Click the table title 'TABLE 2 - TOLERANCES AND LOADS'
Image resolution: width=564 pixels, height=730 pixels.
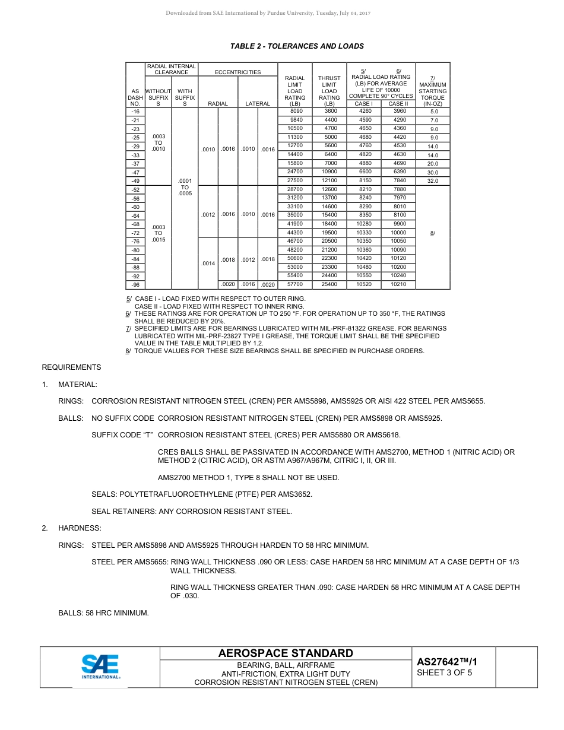297,46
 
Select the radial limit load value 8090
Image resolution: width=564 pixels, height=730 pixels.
295,111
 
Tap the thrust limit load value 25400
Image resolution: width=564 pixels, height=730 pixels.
329,285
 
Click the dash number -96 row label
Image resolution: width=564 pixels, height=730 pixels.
135,285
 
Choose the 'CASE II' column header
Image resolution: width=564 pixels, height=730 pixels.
398,104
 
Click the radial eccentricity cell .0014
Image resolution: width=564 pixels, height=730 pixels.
208,263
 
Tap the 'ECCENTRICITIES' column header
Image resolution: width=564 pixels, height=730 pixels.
237,72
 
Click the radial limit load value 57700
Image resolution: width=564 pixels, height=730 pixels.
295,285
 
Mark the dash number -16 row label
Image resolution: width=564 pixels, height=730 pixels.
135,112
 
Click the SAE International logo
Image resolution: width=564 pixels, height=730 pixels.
100,666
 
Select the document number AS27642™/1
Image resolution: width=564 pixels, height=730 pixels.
447,662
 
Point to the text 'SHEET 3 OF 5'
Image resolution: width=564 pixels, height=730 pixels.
445,673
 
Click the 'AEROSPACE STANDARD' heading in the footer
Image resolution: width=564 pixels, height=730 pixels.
286,653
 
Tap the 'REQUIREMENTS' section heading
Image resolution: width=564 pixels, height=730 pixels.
71,367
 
